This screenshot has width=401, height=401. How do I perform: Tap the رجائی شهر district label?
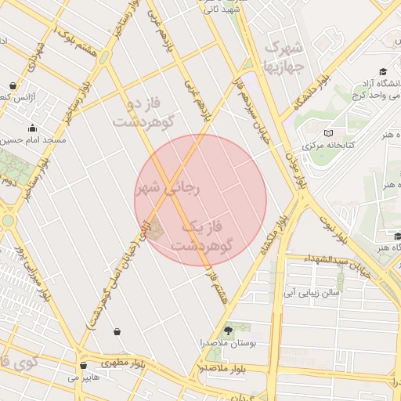coord(168,188)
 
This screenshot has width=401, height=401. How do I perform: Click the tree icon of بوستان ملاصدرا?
coord(228,331)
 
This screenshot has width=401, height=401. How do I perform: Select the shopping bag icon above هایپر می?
coord(83,365)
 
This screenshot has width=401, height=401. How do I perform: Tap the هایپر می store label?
coord(83,378)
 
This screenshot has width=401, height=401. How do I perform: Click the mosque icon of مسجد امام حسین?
coord(32,128)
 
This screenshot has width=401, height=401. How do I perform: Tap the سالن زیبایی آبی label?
coord(310,292)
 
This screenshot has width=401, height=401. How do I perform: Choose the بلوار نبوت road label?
coord(333,227)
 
